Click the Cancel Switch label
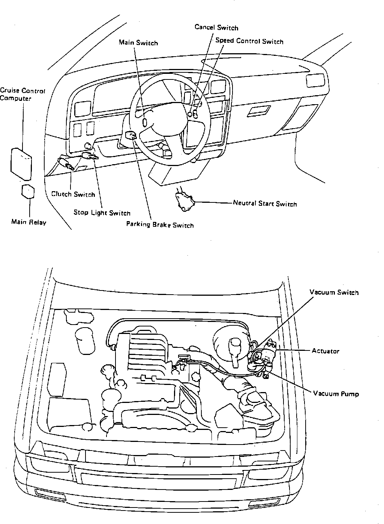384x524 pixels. pyautogui.click(x=216, y=27)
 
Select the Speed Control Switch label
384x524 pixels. pyautogui.click(x=249, y=41)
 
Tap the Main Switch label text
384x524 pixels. pyautogui.click(x=138, y=43)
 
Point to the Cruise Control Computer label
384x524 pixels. pyautogui.click(x=22, y=94)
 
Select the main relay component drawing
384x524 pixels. pyautogui.click(x=28, y=191)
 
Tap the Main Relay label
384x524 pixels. pyautogui.click(x=29, y=222)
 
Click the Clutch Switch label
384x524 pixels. pyautogui.click(x=73, y=194)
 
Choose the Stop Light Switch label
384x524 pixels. pyautogui.click(x=102, y=213)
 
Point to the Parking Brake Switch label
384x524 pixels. pyautogui.click(x=160, y=225)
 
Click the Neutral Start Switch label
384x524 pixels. pyautogui.click(x=265, y=204)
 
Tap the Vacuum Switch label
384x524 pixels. pyautogui.click(x=334, y=292)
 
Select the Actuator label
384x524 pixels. pyautogui.click(x=325, y=351)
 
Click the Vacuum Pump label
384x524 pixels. pyautogui.click(x=336, y=394)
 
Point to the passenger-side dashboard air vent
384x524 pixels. pyautogui.click(x=315, y=80)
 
